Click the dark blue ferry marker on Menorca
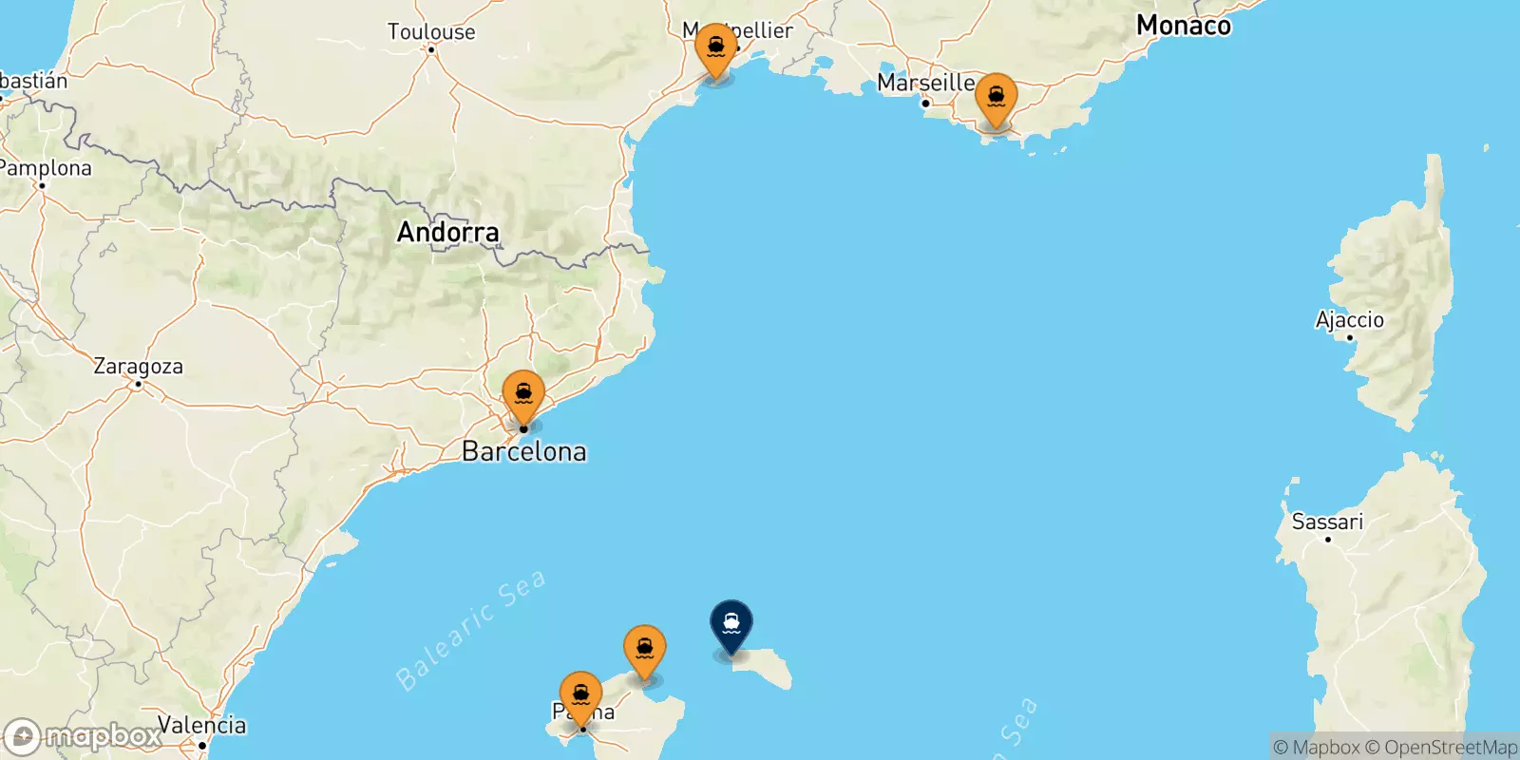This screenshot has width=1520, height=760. pyautogui.click(x=731, y=624)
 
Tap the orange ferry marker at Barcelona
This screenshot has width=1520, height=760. pyautogui.click(x=523, y=394)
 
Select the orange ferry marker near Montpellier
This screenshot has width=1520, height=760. pyautogui.click(x=715, y=47)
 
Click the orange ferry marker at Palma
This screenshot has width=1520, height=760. pyautogui.click(x=580, y=695)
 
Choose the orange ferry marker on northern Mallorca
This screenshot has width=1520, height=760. pyautogui.click(x=644, y=649)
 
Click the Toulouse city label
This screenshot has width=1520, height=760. pyautogui.click(x=431, y=31)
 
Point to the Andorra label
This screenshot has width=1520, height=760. pyautogui.click(x=447, y=232)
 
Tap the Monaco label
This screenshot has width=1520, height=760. pyautogui.click(x=1183, y=26)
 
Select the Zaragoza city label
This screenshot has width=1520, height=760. pyautogui.click(x=138, y=366)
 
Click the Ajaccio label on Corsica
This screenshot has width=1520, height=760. pyautogui.click(x=1349, y=319)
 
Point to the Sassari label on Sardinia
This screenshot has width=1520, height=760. pyautogui.click(x=1327, y=522)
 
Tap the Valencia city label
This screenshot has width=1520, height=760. pyautogui.click(x=201, y=725)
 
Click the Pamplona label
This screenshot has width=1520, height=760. pyautogui.click(x=46, y=168)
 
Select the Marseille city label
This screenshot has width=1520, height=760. pyautogui.click(x=925, y=83)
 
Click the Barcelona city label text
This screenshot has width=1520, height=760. pyautogui.click(x=524, y=451)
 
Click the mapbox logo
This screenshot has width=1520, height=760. pyautogui.click(x=84, y=736)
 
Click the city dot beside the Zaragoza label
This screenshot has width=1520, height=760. pyautogui.click(x=138, y=384)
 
